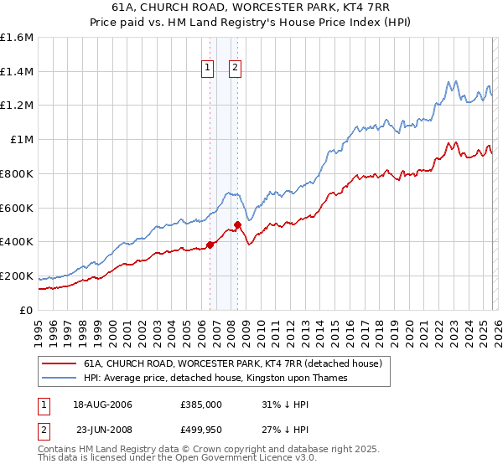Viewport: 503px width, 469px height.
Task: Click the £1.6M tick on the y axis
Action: (x=17, y=38)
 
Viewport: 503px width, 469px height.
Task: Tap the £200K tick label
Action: (x=17, y=276)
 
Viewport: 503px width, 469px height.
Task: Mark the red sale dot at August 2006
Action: (x=210, y=245)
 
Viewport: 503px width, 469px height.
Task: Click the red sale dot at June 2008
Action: (x=237, y=224)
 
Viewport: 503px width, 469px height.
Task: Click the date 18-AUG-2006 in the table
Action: (x=102, y=405)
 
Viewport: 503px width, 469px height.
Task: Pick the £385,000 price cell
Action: (x=200, y=405)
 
